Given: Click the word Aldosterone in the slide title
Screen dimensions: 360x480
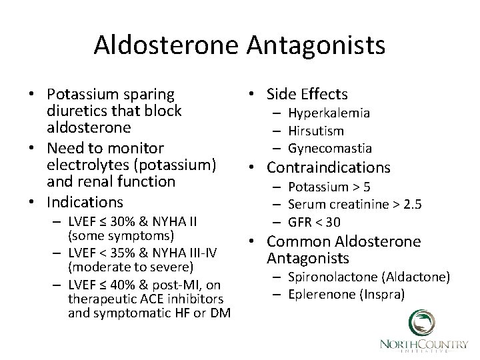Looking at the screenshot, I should click(x=170, y=45).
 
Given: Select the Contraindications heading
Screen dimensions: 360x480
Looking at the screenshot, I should click(x=328, y=167).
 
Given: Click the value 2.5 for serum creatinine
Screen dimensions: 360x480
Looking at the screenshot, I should click(x=413, y=204).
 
